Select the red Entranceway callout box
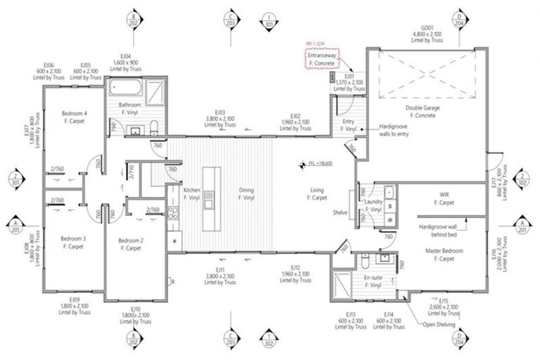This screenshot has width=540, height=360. pyautogui.click(x=321, y=59)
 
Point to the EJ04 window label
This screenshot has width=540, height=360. pyautogui.click(x=126, y=61)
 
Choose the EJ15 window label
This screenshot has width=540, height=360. pyautogui.click(x=445, y=307)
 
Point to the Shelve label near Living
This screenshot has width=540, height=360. pyautogui.click(x=341, y=214)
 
